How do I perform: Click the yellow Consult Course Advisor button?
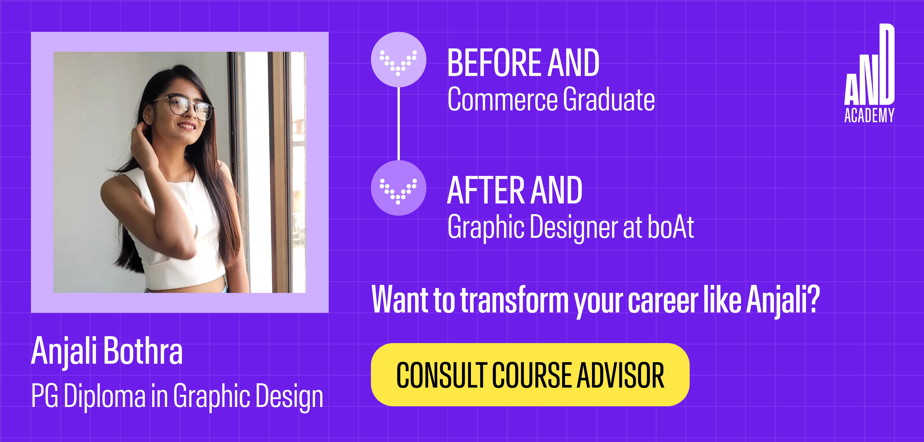click(530, 375)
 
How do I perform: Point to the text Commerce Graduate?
click(551, 99)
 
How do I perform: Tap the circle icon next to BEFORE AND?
click(399, 60)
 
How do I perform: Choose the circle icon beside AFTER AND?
click(399, 188)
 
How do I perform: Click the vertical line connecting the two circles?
click(399, 124)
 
